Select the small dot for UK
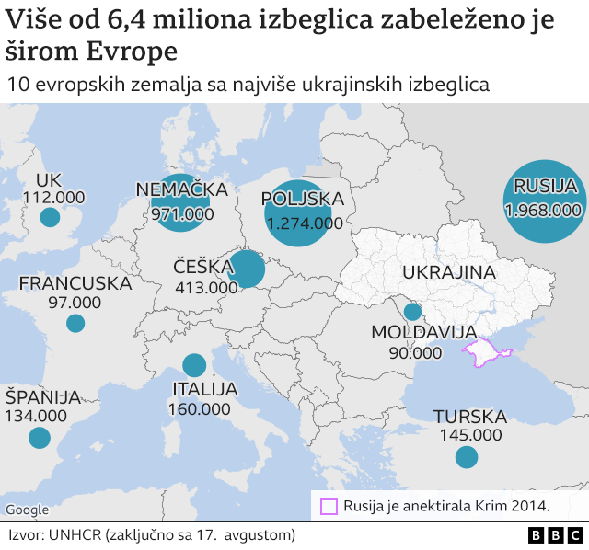(50, 218)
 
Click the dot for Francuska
(75, 323)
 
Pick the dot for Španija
(39, 437)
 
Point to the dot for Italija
(194, 365)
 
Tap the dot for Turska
(467, 456)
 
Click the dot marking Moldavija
(412, 312)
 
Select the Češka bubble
(247, 269)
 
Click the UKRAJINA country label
(448, 272)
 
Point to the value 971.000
(182, 213)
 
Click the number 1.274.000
(304, 223)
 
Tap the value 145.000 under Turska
(468, 435)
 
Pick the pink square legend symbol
(329, 505)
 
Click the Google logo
(27, 510)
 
